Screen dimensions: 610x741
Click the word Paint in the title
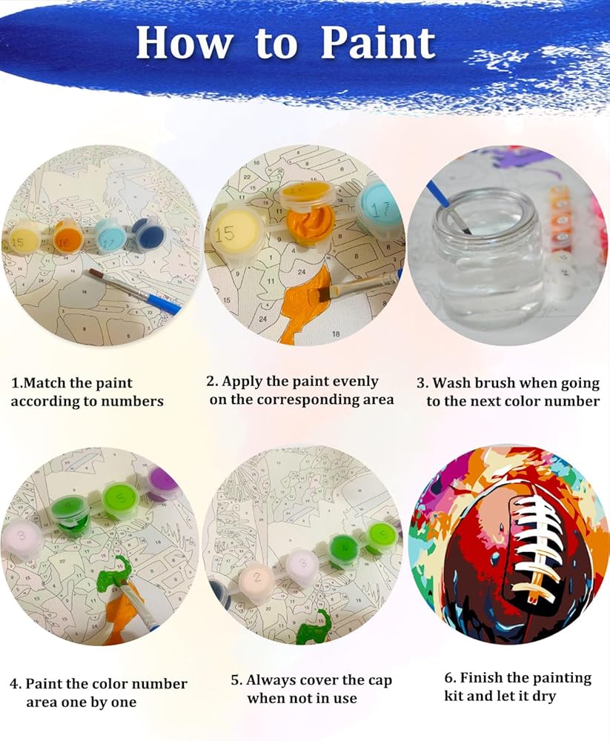378,42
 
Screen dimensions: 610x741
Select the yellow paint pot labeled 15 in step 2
234,233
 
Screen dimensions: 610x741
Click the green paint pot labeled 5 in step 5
381,536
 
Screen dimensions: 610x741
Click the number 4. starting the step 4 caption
15,684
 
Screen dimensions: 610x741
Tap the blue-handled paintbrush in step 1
135,291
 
